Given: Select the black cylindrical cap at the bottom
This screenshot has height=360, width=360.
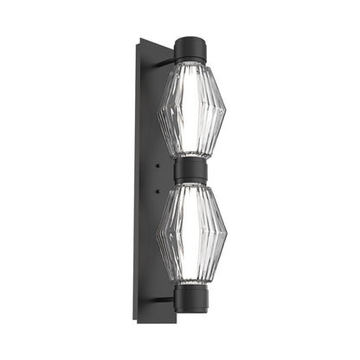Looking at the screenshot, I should point(190,299).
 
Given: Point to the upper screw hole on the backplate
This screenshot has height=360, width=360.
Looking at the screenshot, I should point(158,164).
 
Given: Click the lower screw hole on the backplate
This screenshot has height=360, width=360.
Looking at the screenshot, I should point(158,185).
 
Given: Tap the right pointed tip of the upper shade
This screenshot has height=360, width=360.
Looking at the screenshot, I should point(225,110).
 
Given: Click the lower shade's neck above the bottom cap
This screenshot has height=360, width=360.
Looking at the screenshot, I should point(190,280).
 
